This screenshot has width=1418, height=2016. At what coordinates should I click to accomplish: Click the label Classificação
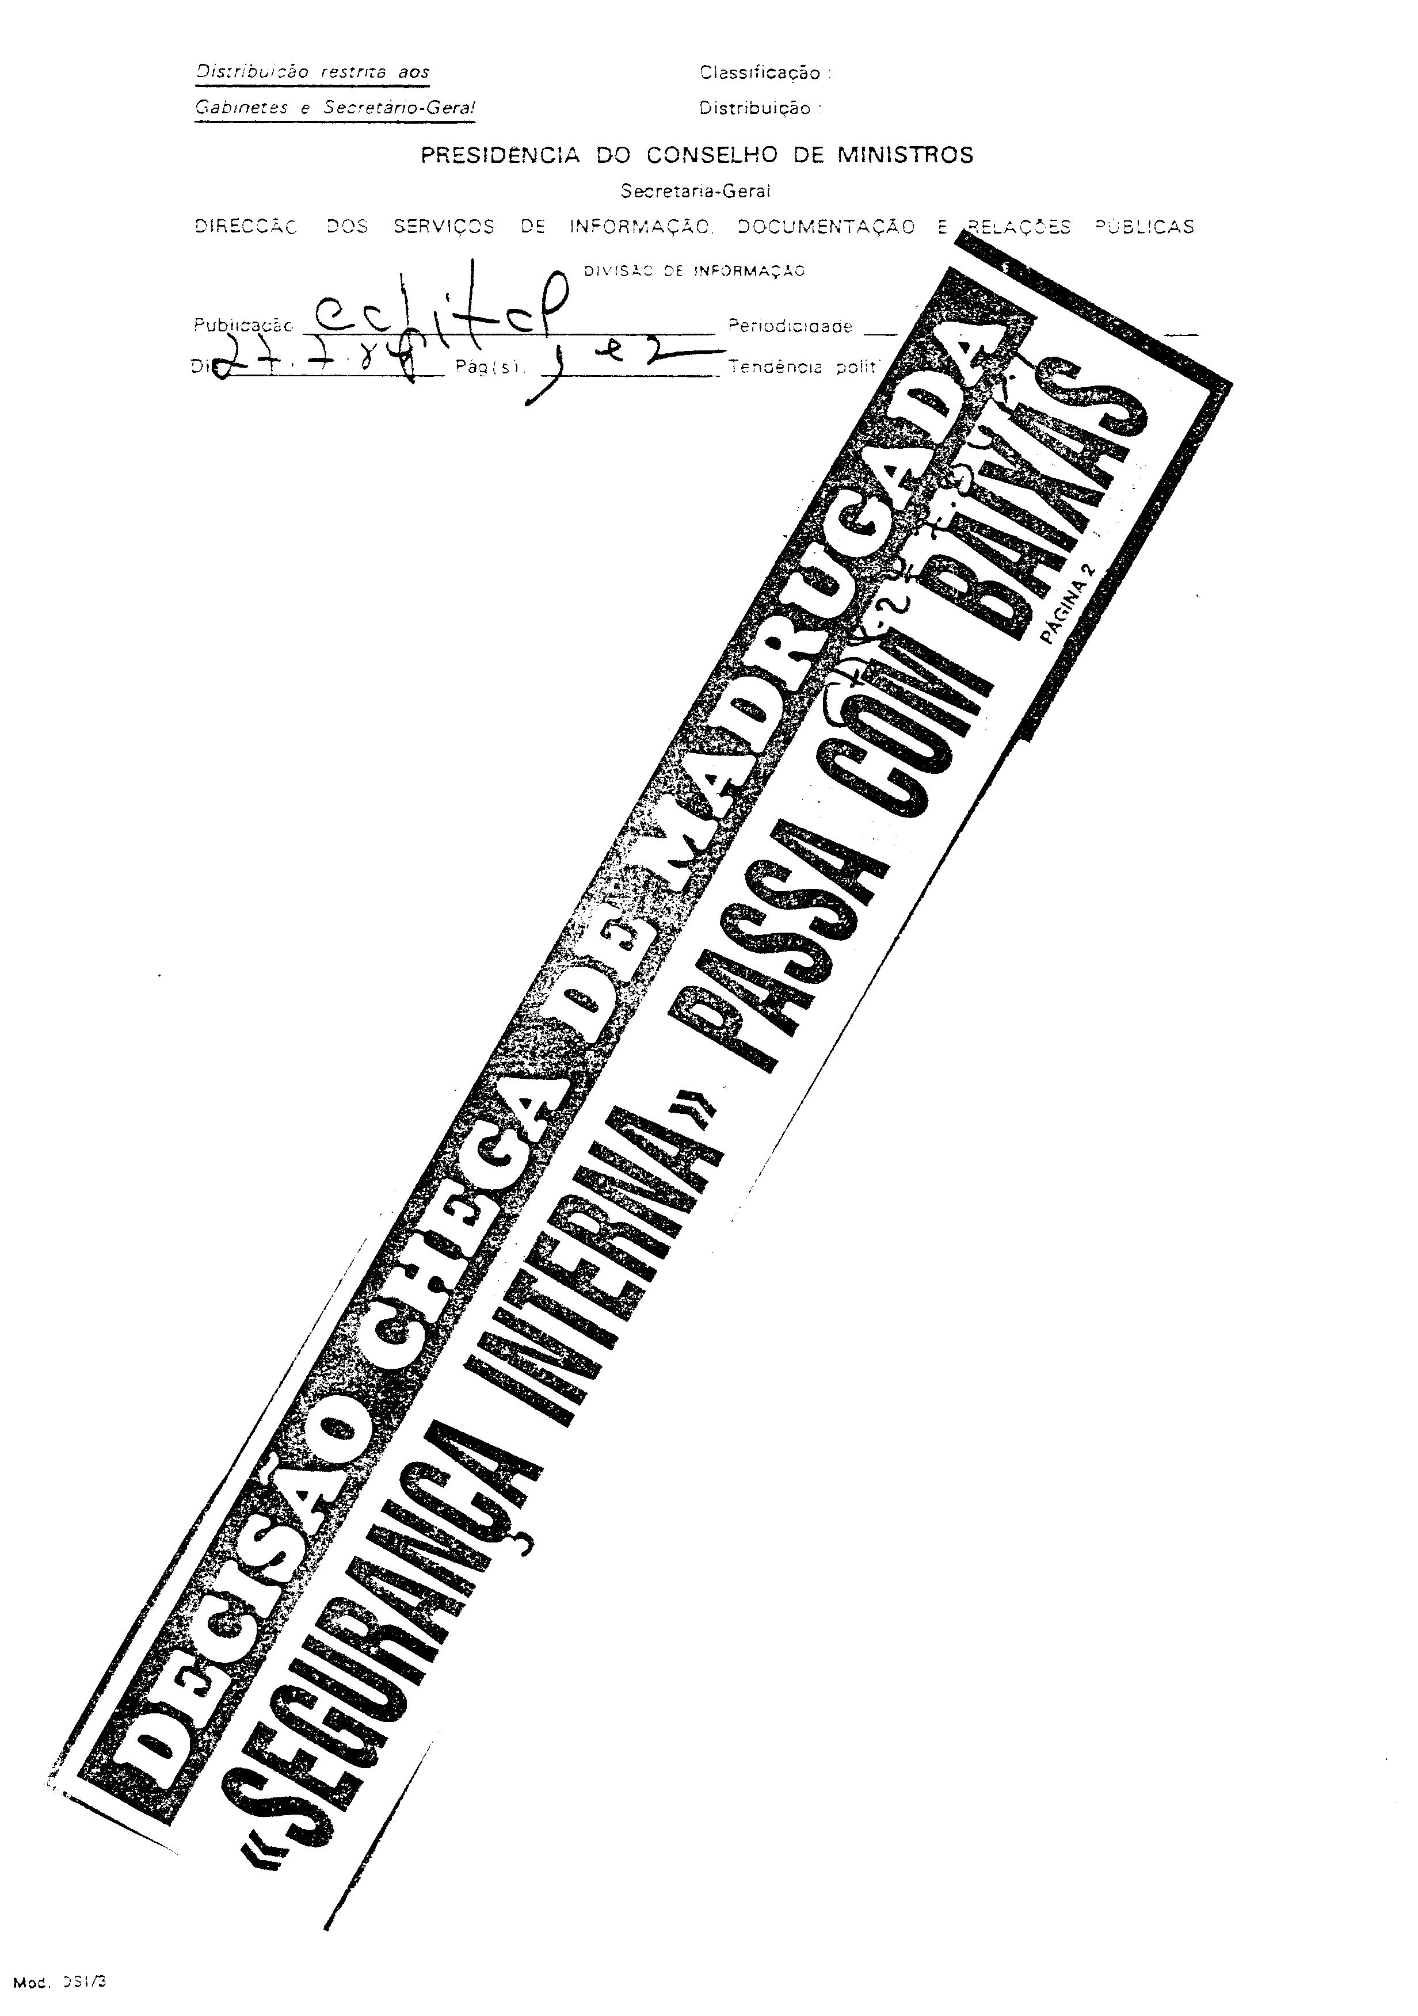[x=760, y=73]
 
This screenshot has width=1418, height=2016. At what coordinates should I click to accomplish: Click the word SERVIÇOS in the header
[x=443, y=227]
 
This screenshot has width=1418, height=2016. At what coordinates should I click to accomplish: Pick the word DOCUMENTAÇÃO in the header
[x=825, y=227]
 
